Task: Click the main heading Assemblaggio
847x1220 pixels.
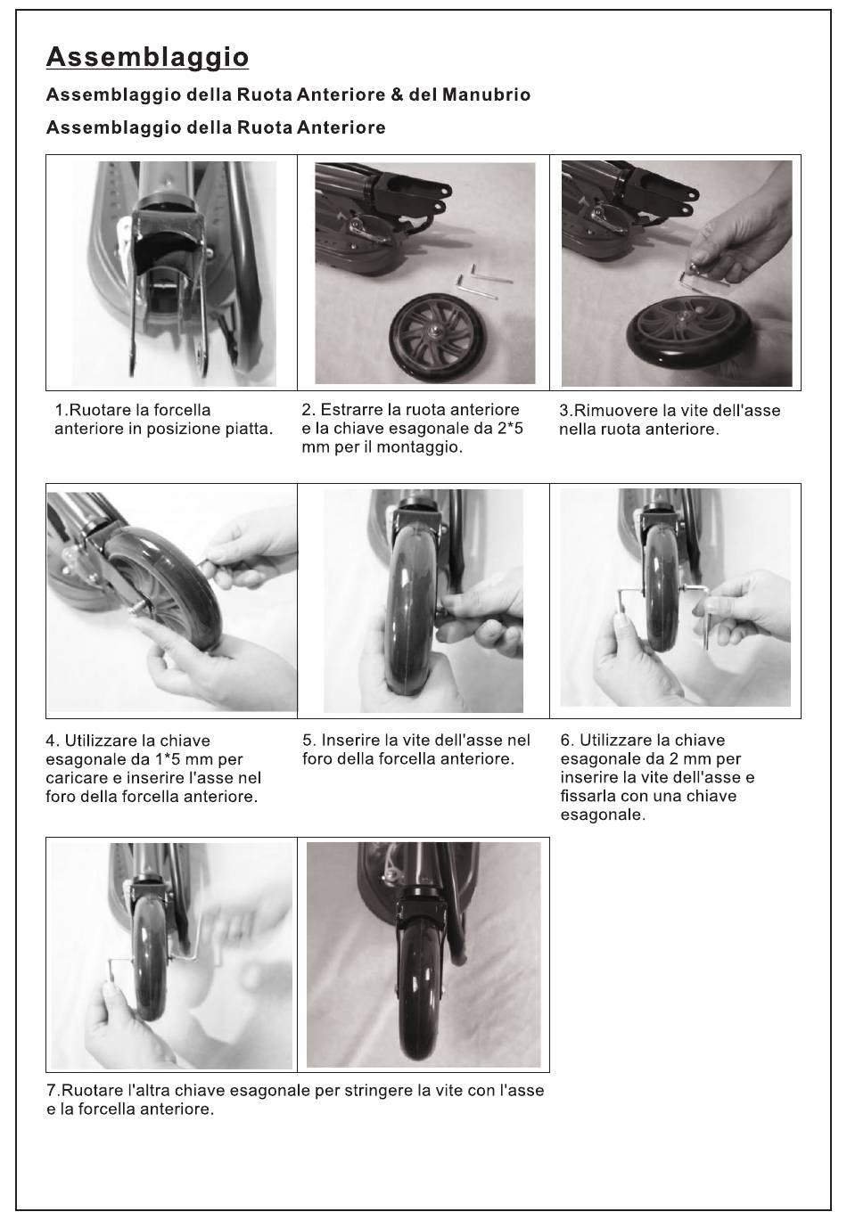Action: pyautogui.click(x=147, y=58)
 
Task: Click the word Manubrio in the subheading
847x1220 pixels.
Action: pyautogui.click(x=486, y=94)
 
